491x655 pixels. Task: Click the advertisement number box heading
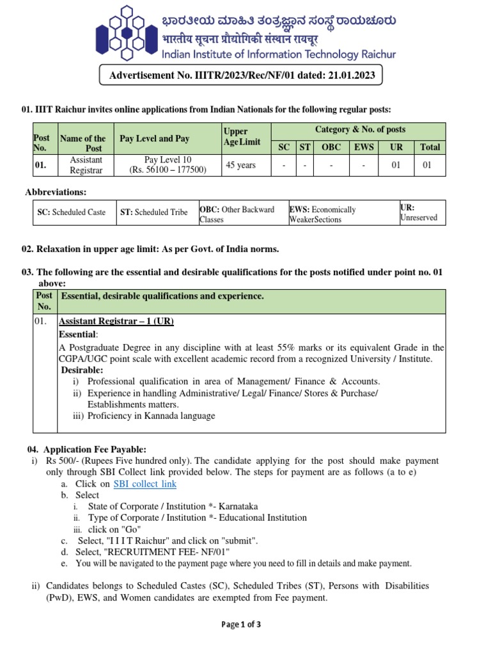tap(241, 75)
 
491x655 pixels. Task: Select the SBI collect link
tap(144, 484)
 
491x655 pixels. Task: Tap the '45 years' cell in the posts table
tap(240, 165)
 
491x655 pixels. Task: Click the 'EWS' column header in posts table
tap(364, 147)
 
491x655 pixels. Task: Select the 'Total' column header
tap(430, 147)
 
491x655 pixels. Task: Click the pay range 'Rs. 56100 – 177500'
tap(168, 170)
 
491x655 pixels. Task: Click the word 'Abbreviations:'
tap(56, 193)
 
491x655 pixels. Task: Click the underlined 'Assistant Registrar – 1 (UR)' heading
tap(116, 321)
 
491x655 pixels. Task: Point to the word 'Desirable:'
tap(82, 370)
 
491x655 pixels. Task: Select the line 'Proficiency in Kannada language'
tap(151, 416)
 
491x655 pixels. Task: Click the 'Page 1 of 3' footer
tap(241, 624)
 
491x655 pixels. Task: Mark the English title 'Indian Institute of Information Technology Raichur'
tap(279, 54)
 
